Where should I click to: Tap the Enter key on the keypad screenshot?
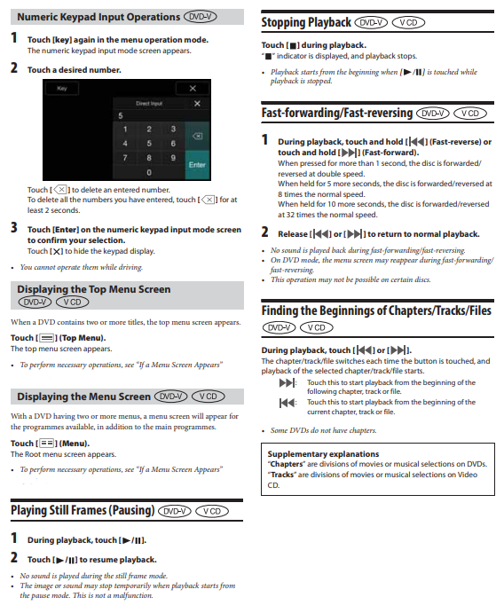point(197,165)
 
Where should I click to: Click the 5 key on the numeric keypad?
point(149,144)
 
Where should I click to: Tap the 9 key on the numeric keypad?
point(173,158)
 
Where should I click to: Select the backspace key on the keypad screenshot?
point(197,137)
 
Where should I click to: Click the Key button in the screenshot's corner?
point(62,89)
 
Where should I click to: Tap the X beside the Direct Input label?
point(197,104)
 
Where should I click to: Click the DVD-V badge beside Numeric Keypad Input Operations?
point(201,17)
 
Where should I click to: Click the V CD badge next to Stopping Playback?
point(408,23)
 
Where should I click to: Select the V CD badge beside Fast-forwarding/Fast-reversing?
point(470,114)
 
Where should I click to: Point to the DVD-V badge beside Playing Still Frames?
point(175,511)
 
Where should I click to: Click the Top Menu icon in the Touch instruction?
point(47,338)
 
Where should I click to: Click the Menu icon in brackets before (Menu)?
point(47,444)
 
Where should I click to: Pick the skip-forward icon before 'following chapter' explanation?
point(287,382)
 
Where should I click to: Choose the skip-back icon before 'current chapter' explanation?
point(287,403)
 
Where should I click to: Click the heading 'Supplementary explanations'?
point(323,454)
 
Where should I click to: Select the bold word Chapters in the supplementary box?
point(287,464)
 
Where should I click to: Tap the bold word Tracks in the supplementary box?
point(282,475)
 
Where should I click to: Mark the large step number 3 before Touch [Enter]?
point(14,228)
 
